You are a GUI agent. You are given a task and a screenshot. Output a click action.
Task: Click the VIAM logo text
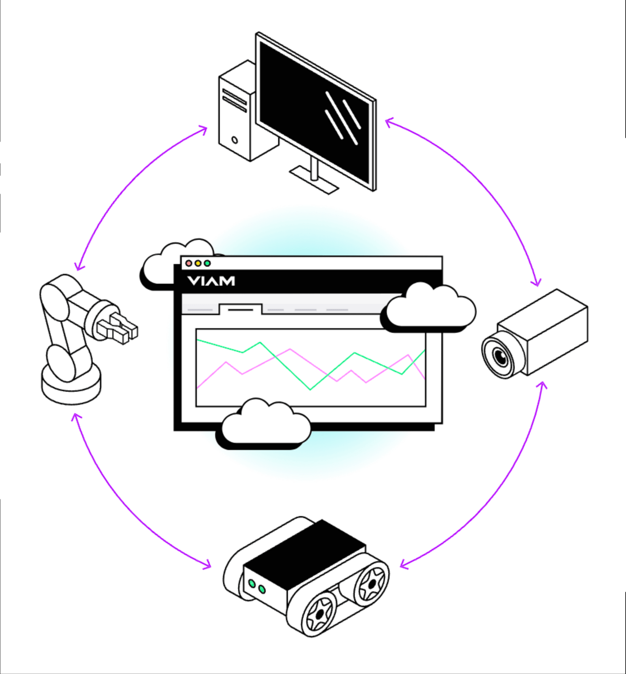(211, 281)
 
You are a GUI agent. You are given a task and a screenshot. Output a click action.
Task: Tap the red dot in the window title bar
(189, 263)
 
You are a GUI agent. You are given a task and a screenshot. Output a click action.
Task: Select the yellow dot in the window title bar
(198, 263)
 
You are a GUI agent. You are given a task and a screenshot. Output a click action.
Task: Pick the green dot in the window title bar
(207, 263)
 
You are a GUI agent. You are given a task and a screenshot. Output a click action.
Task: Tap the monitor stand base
(314, 180)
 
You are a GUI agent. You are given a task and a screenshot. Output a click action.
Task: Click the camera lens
(500, 355)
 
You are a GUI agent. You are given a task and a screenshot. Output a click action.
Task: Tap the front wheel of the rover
(318, 613)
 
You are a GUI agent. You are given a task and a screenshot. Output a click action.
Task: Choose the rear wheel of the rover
(371, 583)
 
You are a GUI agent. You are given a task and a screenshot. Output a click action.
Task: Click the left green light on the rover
(252, 583)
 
